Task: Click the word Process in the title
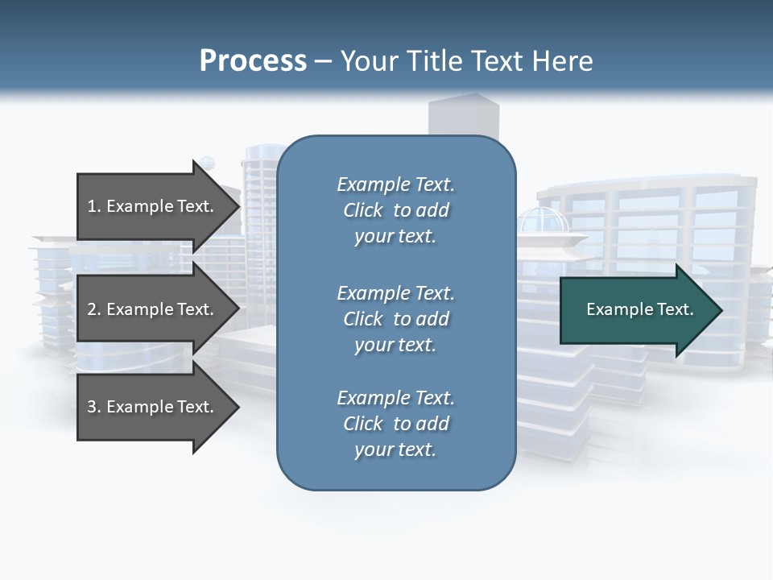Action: (x=253, y=61)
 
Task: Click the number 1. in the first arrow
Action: (x=94, y=206)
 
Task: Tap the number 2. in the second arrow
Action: (x=94, y=309)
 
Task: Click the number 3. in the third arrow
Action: (x=94, y=407)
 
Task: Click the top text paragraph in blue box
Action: (x=395, y=210)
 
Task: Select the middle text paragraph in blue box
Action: (x=395, y=318)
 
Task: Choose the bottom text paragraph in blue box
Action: (x=395, y=424)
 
